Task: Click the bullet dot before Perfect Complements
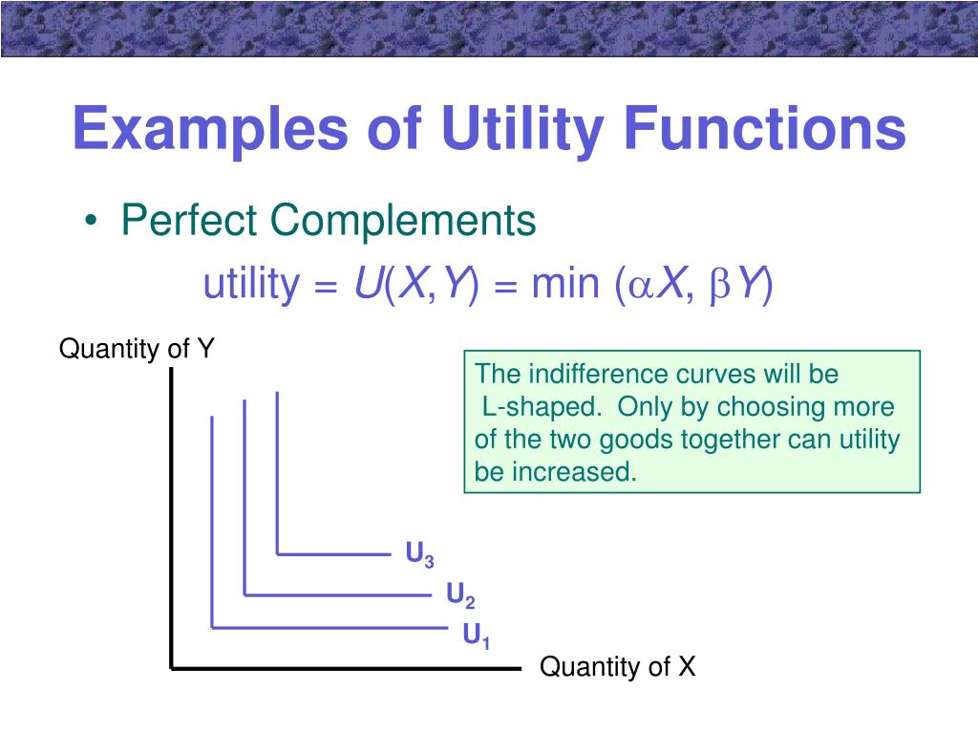point(90,223)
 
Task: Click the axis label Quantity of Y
point(138,349)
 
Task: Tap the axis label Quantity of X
point(618,667)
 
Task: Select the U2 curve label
point(460,596)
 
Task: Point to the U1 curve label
point(477,636)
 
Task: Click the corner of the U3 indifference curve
point(277,553)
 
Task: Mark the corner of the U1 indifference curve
point(212,628)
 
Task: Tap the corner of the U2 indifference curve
point(245,594)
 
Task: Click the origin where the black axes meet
point(172,666)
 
